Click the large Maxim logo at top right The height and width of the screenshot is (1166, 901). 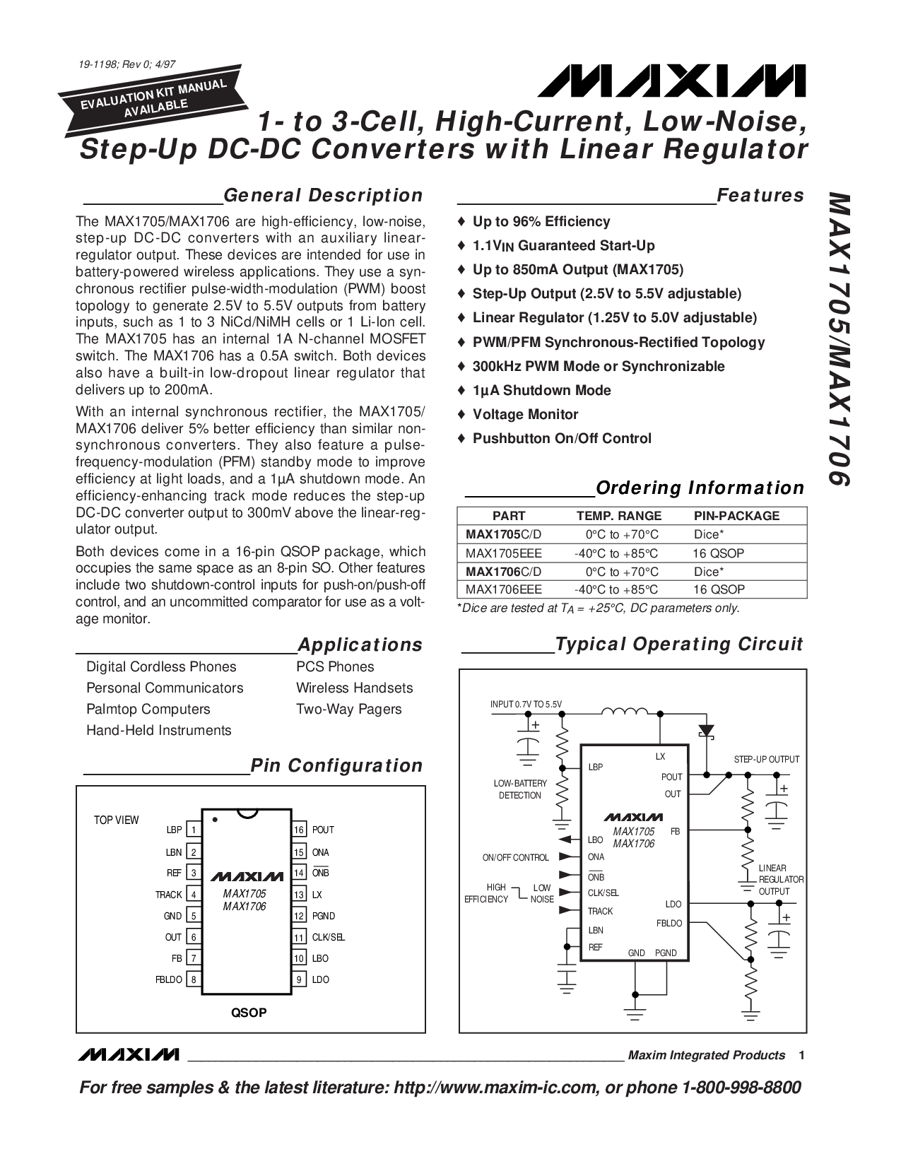669,81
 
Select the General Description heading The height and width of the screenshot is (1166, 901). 322,195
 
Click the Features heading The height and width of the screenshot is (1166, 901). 760,195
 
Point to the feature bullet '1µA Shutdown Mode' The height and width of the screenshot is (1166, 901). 541,390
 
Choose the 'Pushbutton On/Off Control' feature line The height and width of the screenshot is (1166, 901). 562,438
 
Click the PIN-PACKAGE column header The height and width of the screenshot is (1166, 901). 736,516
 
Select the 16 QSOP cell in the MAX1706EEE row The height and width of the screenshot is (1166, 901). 719,589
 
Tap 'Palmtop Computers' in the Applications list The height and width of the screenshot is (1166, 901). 148,709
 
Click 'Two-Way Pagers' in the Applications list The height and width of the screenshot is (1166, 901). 348,709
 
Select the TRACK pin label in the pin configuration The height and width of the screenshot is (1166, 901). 169,895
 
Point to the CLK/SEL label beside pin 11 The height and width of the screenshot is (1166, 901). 329,937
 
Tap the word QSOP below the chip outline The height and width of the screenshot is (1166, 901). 249,1013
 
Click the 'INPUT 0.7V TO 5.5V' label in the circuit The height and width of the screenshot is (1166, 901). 526,705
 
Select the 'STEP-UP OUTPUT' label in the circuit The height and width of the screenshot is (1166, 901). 766,759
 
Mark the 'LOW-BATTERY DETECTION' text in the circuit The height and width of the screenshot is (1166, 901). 520,789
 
